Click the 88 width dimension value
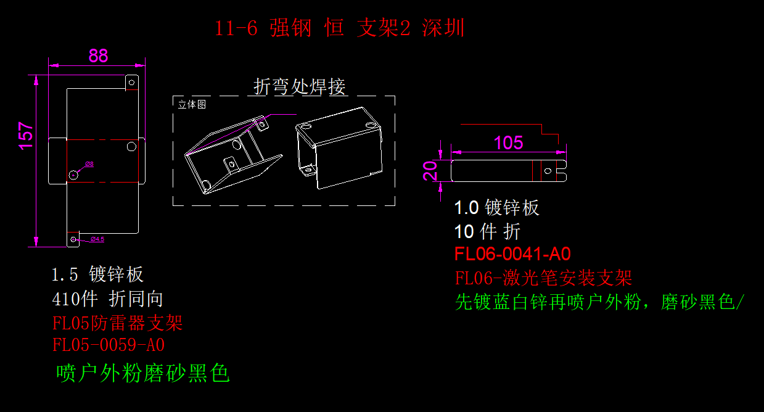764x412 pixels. [x=98, y=56]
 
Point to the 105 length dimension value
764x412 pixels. [x=508, y=143]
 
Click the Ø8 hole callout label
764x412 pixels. [x=89, y=164]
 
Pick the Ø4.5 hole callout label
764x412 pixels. [x=97, y=239]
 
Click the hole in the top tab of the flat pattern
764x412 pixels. [x=130, y=81]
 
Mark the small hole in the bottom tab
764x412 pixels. [x=74, y=239]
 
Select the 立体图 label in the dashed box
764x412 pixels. [x=192, y=104]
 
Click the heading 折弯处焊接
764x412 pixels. [x=300, y=87]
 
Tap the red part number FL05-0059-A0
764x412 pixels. [x=109, y=344]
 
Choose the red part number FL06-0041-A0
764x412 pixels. [x=512, y=254]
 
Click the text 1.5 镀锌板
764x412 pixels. [x=98, y=274]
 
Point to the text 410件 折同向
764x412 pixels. [x=108, y=299]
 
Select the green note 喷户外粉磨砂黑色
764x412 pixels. [x=142, y=373]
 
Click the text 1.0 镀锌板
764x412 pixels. [x=496, y=207]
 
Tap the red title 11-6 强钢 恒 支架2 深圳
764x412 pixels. [x=339, y=28]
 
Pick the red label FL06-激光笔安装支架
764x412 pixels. [x=543, y=278]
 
